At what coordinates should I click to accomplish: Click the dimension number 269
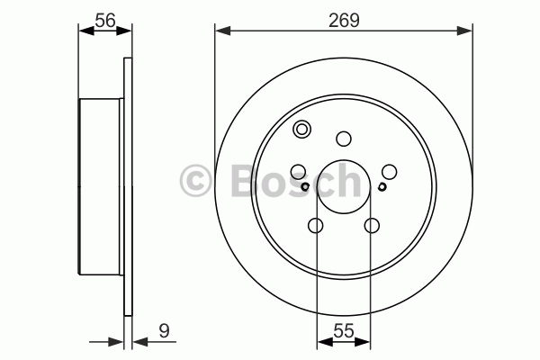pos(344,20)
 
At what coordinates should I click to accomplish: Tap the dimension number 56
pos(105,21)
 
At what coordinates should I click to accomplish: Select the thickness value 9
pos(165,331)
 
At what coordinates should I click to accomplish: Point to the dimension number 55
pos(344,331)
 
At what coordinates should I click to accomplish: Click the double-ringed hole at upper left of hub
pos(301,130)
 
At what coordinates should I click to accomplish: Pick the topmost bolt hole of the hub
pos(344,139)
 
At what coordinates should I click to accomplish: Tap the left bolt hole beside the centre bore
pos(298,172)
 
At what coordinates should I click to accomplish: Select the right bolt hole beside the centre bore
pos(389,172)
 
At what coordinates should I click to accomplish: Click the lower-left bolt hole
pos(316,226)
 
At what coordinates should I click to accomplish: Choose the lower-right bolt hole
pos(372,226)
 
